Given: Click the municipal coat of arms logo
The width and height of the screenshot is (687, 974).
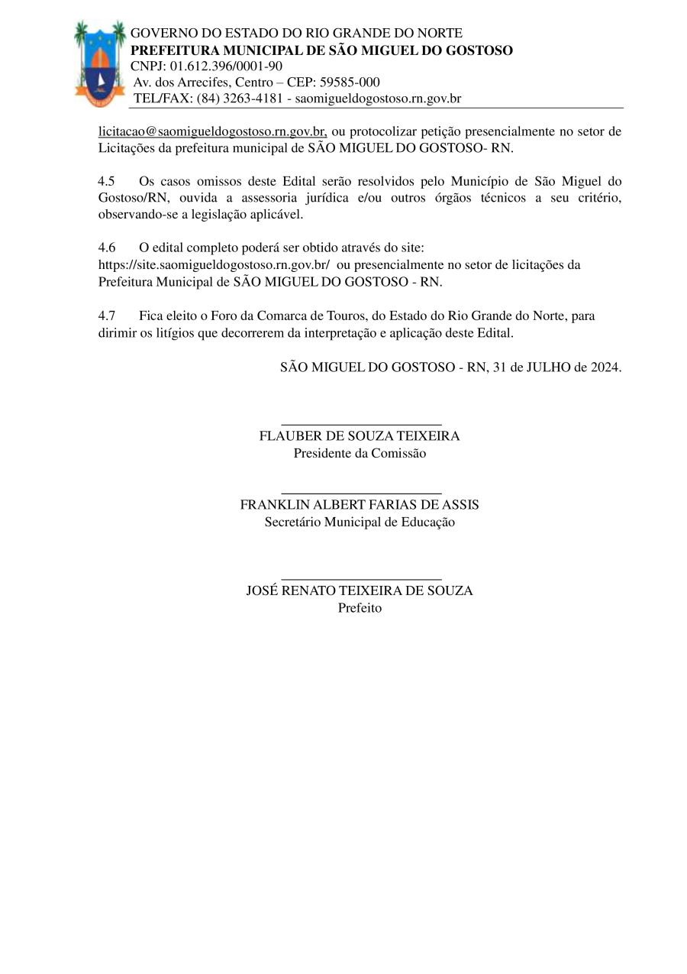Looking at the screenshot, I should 100,64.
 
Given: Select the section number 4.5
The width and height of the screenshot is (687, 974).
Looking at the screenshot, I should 107,182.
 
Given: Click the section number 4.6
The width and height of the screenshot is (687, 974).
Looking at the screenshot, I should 107,248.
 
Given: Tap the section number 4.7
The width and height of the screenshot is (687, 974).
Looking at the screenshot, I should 107,315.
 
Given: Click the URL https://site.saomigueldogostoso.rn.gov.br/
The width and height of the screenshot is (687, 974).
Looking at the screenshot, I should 214,265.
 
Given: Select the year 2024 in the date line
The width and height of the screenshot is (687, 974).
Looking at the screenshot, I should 604,366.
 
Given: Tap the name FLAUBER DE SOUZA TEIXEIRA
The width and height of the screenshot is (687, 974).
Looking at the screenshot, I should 360,436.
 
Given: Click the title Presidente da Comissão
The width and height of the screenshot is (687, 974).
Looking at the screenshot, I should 360,453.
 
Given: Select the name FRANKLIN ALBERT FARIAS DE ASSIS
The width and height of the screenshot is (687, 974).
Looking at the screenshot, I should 360,506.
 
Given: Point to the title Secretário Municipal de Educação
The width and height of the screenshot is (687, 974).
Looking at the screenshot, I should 360,523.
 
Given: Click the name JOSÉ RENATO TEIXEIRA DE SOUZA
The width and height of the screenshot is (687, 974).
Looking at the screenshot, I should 360,591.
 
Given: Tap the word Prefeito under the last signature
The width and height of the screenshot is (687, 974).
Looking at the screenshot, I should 360,608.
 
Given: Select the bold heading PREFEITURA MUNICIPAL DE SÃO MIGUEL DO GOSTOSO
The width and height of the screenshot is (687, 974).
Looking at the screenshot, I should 321,50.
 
